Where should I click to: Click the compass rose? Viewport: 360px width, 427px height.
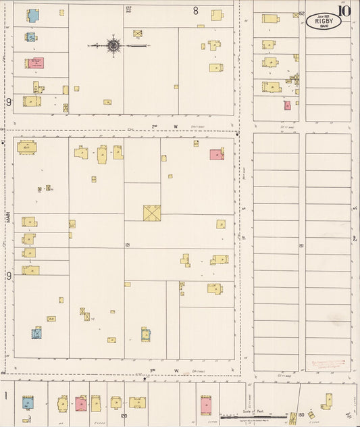(x=113, y=45)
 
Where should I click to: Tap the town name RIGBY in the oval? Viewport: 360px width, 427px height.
(x=324, y=22)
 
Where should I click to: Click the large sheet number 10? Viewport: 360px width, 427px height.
(x=345, y=9)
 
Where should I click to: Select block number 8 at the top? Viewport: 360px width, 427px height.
(x=196, y=10)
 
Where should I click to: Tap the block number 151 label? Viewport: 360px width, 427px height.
(x=302, y=245)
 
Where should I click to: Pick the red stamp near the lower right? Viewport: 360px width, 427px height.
(x=328, y=365)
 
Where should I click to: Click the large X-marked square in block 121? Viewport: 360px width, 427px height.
(x=151, y=212)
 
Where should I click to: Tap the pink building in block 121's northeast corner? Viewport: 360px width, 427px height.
(x=216, y=154)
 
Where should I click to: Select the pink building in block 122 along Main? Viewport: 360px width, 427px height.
(x=35, y=64)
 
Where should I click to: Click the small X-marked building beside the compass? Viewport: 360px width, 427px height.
(x=138, y=32)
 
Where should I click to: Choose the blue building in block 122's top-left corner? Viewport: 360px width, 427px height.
(x=32, y=14)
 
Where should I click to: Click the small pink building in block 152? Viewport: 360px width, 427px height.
(x=287, y=105)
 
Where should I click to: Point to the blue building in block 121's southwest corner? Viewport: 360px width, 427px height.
(x=36, y=332)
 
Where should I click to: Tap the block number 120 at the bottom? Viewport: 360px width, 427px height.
(x=124, y=417)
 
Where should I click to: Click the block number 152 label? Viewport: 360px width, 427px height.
(x=302, y=13)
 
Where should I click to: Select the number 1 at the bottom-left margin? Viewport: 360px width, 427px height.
(x=5, y=395)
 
